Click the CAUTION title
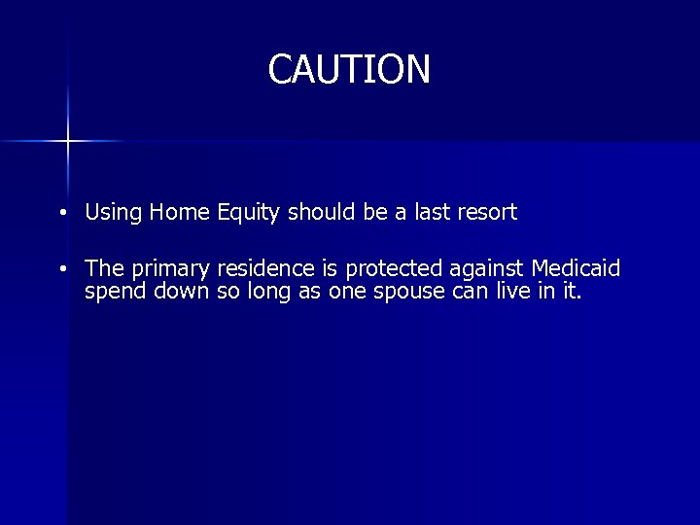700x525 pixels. [x=349, y=69]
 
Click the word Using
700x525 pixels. [x=113, y=212]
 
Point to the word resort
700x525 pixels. [x=485, y=212]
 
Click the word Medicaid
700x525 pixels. [x=576, y=268]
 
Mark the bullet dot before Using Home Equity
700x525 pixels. [x=61, y=213]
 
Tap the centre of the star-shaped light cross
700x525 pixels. [x=68, y=141]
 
